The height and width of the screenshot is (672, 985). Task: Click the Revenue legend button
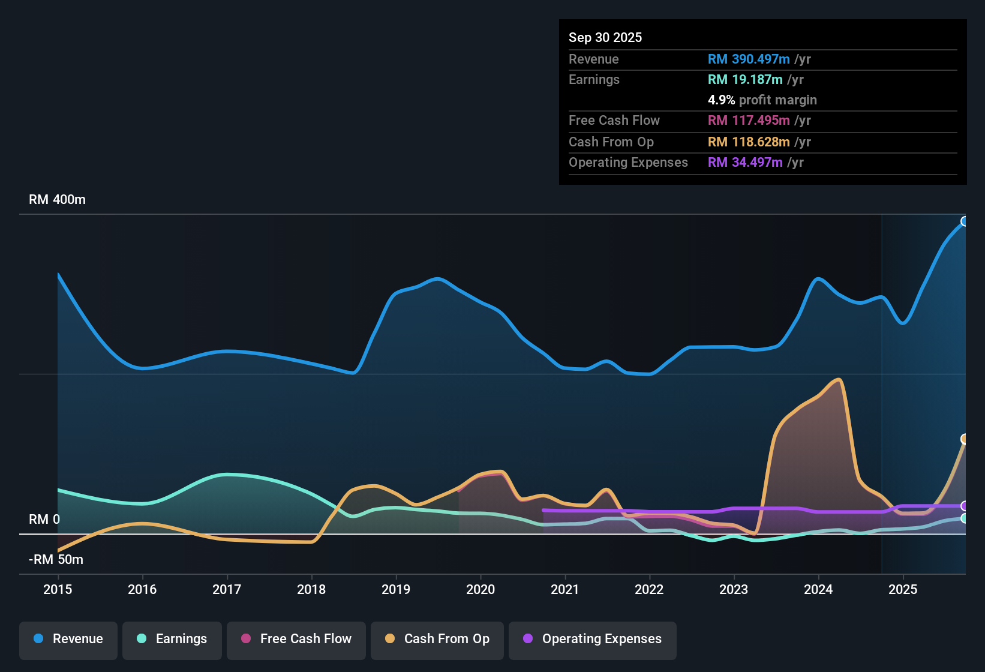(68, 639)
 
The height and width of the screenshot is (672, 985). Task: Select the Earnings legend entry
(172, 639)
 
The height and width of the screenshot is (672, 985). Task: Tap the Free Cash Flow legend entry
(296, 639)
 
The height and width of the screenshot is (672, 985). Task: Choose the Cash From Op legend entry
(437, 639)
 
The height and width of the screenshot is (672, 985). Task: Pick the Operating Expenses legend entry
(593, 639)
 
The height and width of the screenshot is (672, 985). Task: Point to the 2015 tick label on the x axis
(58, 589)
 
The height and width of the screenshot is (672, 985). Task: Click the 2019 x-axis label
(396, 589)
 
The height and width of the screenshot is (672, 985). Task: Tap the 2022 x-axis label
(649, 589)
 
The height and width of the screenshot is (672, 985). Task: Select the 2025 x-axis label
(903, 589)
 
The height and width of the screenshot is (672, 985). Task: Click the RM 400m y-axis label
(57, 200)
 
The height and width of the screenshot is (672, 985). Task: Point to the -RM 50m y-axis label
(56, 560)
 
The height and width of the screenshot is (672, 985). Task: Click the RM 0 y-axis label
(44, 520)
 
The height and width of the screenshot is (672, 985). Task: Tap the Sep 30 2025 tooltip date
(605, 37)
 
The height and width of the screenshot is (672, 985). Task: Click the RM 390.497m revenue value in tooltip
(749, 59)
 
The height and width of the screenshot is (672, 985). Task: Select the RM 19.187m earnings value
(745, 79)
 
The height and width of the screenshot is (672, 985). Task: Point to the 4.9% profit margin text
(762, 100)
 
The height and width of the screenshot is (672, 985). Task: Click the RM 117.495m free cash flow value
(749, 120)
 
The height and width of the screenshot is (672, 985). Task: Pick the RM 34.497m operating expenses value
(745, 162)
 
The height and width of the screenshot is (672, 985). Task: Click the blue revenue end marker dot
(964, 221)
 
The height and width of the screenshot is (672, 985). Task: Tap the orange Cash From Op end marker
(964, 439)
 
